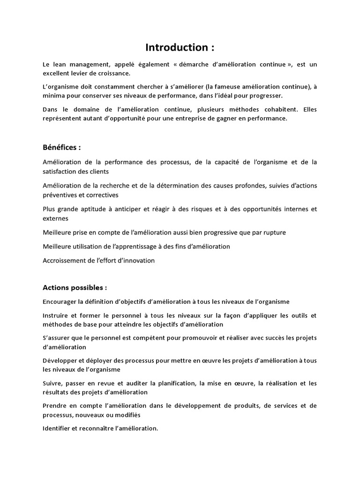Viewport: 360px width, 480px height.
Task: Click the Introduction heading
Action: (180, 47)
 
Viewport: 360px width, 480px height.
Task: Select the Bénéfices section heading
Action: (61, 147)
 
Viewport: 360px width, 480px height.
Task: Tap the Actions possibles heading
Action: (75, 287)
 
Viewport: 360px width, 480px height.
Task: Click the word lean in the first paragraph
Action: (58, 64)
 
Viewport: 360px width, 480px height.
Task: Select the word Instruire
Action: (55, 315)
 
